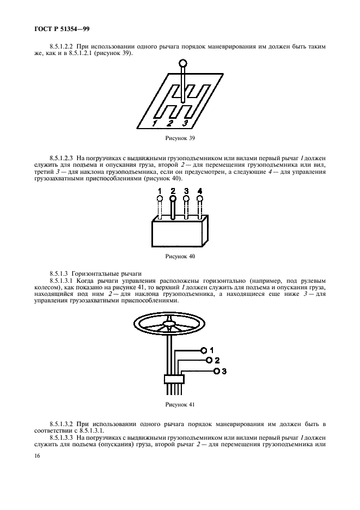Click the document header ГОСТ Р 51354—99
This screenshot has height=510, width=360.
click(62, 29)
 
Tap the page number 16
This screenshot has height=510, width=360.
click(37, 456)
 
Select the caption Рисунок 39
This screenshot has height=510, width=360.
click(180, 138)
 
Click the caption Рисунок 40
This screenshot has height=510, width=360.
click(180, 256)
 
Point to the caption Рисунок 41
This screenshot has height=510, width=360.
click(180, 405)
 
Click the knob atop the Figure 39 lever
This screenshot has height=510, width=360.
click(184, 63)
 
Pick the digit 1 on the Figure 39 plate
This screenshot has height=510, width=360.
click(155, 123)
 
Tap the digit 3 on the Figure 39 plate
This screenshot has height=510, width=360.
click(185, 123)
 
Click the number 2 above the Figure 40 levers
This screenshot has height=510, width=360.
click(173, 191)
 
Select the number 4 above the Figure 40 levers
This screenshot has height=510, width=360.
click(200, 191)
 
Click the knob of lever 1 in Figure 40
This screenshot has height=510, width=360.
click(160, 198)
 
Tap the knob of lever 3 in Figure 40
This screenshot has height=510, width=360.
click(186, 198)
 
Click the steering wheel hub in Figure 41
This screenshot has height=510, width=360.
click(169, 323)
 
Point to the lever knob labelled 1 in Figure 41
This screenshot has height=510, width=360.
click(204, 350)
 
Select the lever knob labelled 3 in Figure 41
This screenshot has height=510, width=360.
click(217, 371)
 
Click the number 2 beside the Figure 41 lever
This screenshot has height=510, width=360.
click(217, 360)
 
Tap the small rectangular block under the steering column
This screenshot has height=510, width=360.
click(174, 379)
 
